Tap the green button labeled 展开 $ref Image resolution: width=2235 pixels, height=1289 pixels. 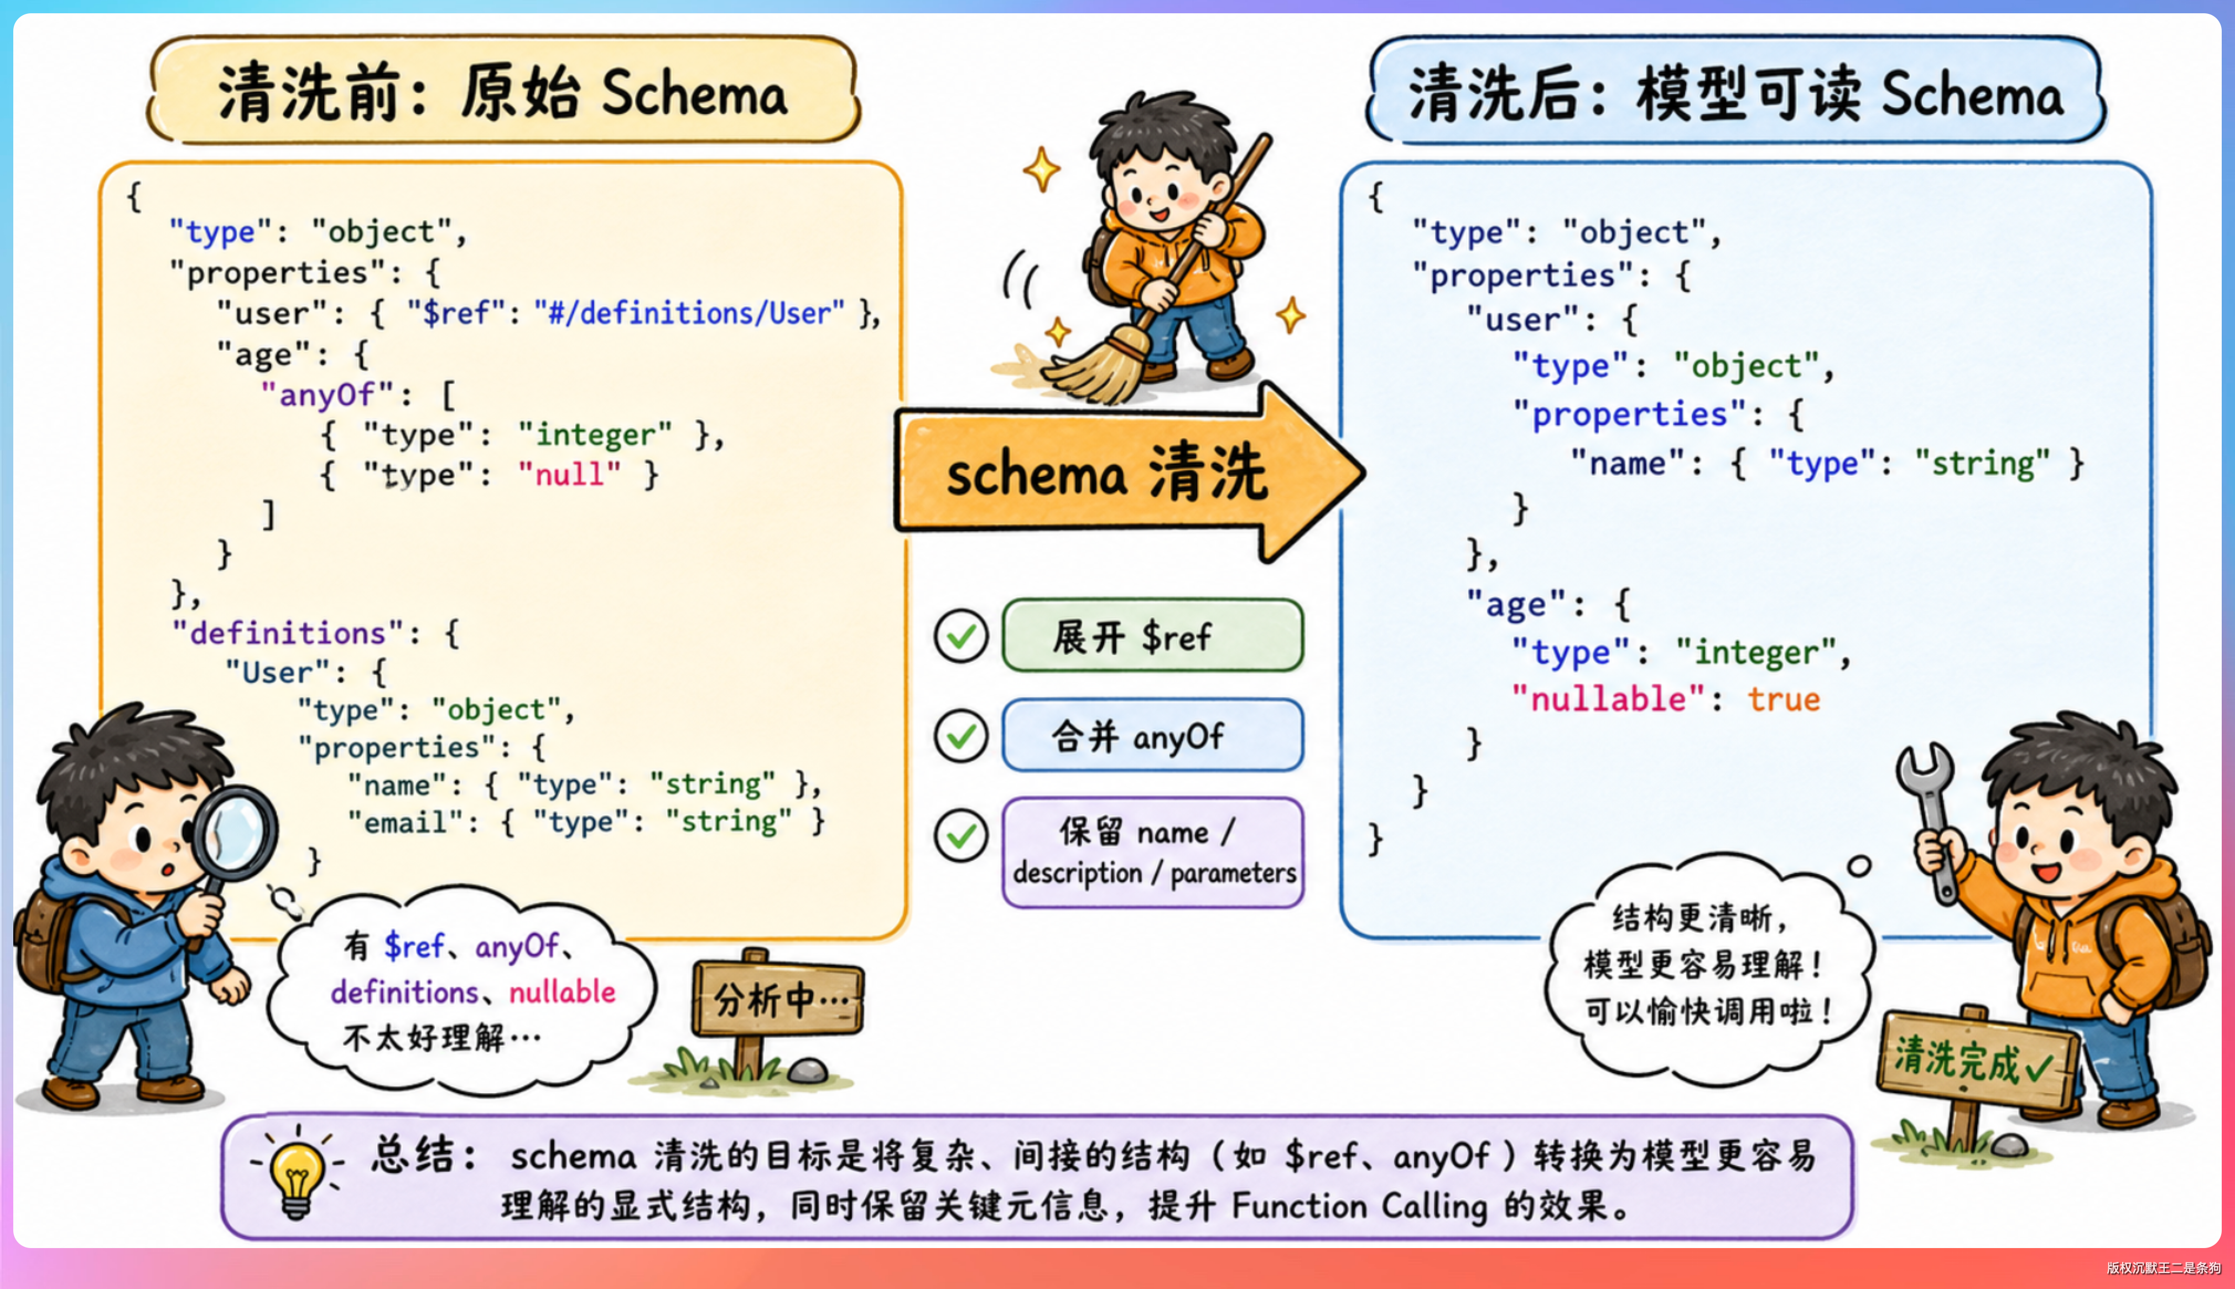1152,636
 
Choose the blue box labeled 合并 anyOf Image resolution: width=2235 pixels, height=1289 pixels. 1152,735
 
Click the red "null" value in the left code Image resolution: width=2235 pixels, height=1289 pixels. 570,475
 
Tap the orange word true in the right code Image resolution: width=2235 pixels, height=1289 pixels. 1784,699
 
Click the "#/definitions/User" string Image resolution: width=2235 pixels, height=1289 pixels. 689,313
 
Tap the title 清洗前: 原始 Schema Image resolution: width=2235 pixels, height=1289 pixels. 503,92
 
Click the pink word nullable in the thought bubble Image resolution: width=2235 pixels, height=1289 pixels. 562,991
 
